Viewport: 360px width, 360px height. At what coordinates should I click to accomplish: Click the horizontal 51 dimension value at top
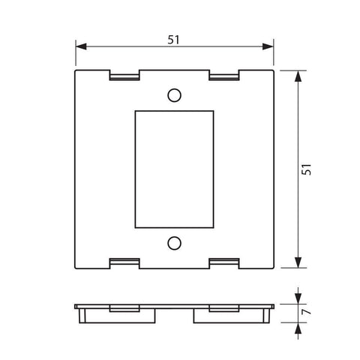click(x=173, y=39)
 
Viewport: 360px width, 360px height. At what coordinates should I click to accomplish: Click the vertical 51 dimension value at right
click(x=306, y=169)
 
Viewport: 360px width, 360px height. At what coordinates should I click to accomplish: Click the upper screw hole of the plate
click(x=174, y=95)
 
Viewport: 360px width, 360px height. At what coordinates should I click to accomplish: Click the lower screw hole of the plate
click(x=174, y=243)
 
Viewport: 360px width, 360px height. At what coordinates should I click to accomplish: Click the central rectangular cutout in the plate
click(x=174, y=169)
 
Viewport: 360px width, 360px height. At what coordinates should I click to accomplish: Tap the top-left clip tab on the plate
click(x=124, y=76)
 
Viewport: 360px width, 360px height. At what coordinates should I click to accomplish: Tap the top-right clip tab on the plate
click(x=223, y=76)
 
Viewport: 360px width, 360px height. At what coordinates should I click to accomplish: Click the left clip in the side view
click(x=124, y=308)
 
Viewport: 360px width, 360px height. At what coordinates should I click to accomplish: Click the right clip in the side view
click(x=223, y=308)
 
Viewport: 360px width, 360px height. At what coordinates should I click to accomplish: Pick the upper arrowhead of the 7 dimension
click(x=298, y=298)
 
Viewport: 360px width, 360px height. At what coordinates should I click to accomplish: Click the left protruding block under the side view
click(x=117, y=316)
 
